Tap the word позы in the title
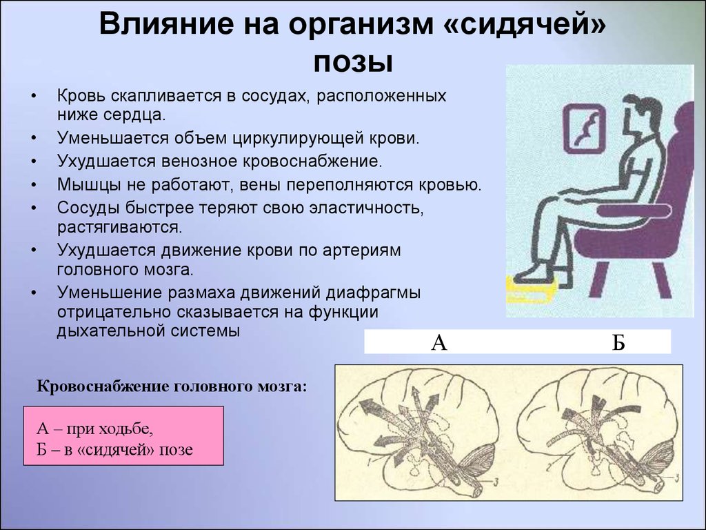point(353,63)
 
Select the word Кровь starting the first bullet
point(81,96)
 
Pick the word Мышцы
point(83,185)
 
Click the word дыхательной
point(110,331)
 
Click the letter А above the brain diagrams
point(439,342)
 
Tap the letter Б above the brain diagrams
point(618,342)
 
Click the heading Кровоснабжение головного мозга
point(171,386)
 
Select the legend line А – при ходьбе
point(94,429)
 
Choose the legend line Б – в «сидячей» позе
point(114,449)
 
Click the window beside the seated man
point(584,128)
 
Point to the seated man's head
point(642,112)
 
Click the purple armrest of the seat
point(634,210)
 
